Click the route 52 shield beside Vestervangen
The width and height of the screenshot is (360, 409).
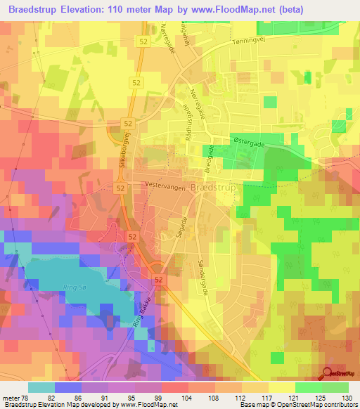[120, 188]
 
